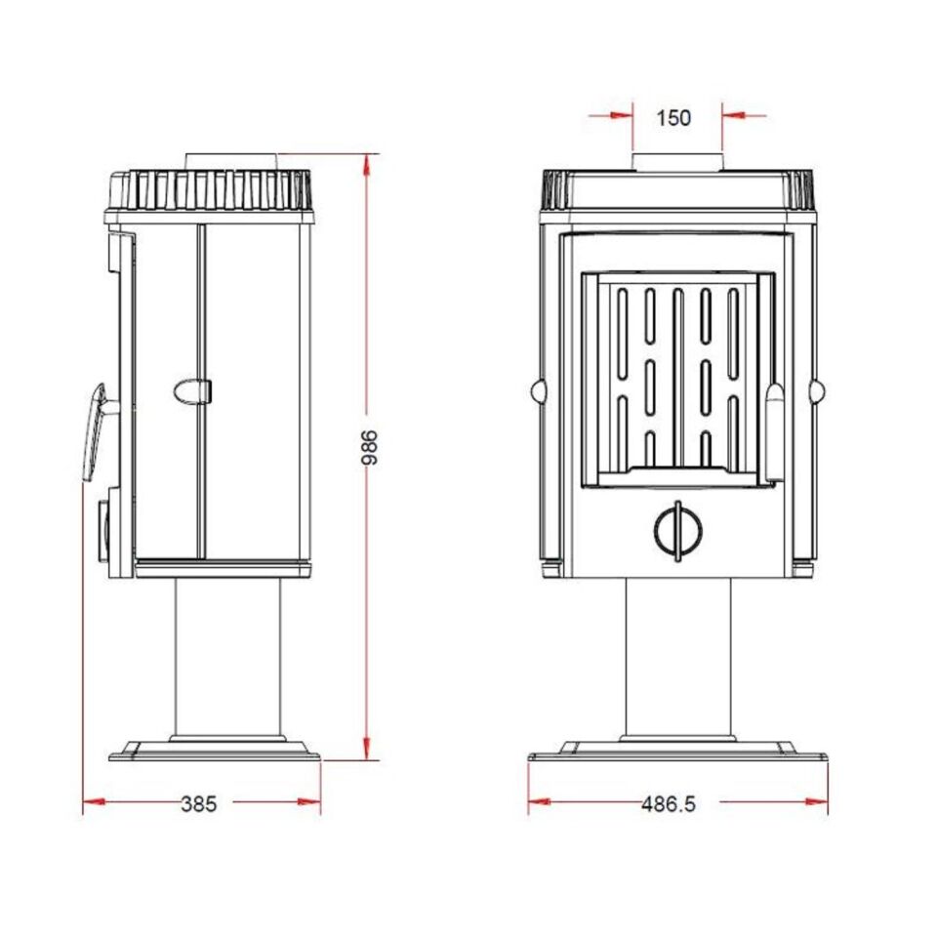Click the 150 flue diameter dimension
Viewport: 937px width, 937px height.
(x=673, y=118)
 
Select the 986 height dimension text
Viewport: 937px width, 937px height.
(x=371, y=447)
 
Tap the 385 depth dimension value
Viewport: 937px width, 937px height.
(x=198, y=804)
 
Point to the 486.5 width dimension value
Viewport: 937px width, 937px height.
(x=669, y=804)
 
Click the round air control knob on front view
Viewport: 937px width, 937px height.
(x=677, y=531)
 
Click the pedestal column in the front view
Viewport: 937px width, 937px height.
(x=678, y=657)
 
